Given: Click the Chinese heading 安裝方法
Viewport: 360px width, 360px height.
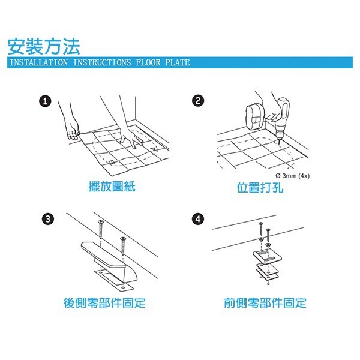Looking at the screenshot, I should coord(43,46).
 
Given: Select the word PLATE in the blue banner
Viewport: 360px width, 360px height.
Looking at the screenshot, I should coord(176,62).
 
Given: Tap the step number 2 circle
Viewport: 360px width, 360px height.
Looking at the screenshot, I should coord(197,100).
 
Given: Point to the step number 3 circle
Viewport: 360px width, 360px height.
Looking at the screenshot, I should coord(48,218).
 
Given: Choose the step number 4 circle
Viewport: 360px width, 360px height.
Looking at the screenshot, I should coord(197,218).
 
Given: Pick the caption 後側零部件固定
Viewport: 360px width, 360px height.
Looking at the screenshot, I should coord(104,303).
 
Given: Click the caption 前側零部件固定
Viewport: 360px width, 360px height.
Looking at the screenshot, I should coord(265,303).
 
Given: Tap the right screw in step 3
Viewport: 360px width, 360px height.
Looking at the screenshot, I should coord(124,245).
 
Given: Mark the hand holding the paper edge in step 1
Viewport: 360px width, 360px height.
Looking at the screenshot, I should coord(73,131).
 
